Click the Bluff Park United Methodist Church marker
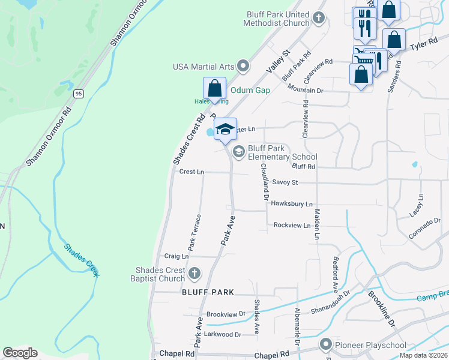319,18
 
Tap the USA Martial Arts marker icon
243,65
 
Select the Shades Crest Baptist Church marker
193,274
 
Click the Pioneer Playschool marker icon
326,344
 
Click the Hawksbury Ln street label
292,204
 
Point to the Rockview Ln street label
292,225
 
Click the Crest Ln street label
191,172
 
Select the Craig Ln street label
176,256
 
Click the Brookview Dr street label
226,314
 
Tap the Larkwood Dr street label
222,334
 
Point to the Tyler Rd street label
421,46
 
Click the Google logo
20,353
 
